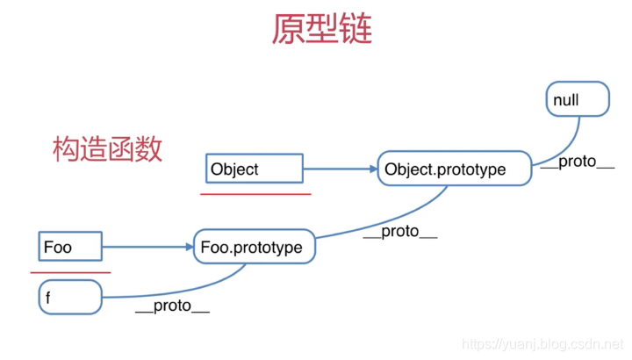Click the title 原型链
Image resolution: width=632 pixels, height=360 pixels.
322,30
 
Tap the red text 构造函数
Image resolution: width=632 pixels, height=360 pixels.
107,148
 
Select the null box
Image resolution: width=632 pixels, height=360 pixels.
577,100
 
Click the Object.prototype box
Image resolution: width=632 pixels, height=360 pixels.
456,169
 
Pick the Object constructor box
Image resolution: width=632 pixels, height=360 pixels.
255,168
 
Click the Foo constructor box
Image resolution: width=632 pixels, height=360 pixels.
71,247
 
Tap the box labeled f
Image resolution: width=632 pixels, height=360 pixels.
70,298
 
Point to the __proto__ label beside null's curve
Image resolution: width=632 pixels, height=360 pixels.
577,162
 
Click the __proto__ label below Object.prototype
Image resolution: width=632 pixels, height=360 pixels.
400,232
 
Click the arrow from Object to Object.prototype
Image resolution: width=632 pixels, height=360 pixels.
340,169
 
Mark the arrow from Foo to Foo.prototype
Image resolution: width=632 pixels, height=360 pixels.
147,248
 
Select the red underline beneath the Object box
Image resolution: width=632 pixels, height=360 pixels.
255,193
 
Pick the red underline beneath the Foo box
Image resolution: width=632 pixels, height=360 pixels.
70,272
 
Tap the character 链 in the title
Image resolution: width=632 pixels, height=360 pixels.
355,30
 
